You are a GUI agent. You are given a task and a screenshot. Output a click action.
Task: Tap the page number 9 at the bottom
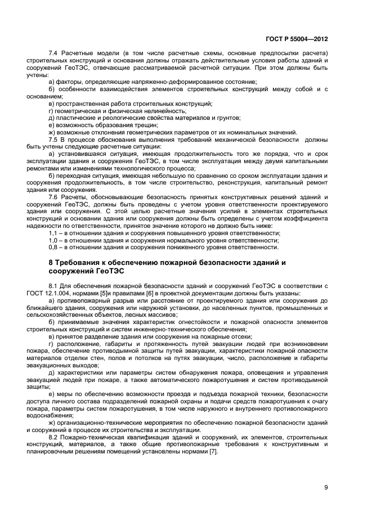pyautogui.click(x=326, y=487)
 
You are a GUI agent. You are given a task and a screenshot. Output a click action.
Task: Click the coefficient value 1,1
pyautogui.click(x=54, y=233)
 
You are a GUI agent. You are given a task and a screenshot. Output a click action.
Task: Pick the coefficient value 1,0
pyautogui.click(x=54, y=240)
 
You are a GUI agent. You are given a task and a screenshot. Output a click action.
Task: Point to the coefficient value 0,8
pyautogui.click(x=54, y=247)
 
